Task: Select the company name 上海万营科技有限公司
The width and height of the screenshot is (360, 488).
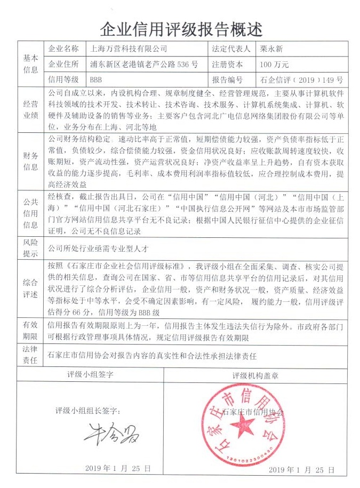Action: tap(129, 49)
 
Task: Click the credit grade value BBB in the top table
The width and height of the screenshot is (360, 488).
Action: tap(96, 80)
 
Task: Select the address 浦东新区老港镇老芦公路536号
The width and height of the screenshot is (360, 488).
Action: tap(144, 65)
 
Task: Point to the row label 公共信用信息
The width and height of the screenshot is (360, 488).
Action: tap(30, 213)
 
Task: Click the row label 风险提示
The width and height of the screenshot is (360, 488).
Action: tap(30, 248)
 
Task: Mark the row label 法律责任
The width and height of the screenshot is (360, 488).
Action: tap(30, 355)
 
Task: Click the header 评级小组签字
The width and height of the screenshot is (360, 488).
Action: tap(90, 374)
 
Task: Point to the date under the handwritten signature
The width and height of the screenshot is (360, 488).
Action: tap(118, 468)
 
